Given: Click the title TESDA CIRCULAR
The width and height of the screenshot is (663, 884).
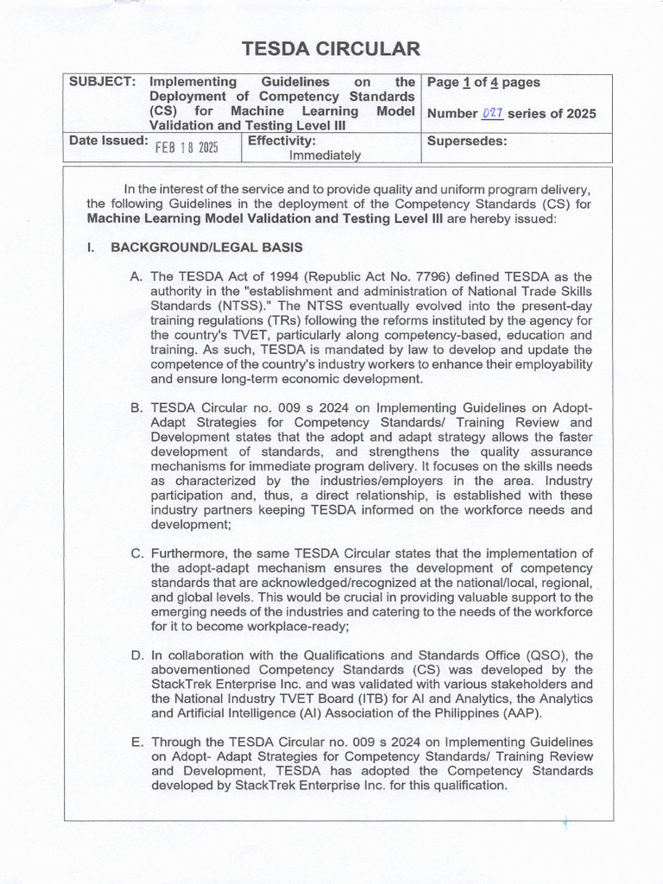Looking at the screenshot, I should (x=331, y=48).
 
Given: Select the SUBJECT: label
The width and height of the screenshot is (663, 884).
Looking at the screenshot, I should (x=101, y=82).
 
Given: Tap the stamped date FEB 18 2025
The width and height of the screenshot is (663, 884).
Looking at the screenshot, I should (x=186, y=147).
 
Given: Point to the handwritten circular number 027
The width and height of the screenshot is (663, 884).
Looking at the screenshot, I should (x=493, y=113).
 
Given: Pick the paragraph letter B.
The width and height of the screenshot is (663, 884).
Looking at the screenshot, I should (x=136, y=408).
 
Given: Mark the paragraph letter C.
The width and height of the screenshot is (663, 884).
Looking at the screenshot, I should (x=136, y=553).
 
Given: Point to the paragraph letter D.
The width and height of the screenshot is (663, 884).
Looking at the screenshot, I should (x=136, y=656).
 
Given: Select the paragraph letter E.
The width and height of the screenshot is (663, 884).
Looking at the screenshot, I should (x=136, y=742).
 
